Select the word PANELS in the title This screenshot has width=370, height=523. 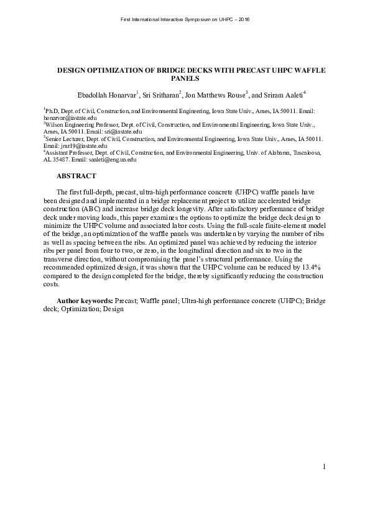tap(185, 79)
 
